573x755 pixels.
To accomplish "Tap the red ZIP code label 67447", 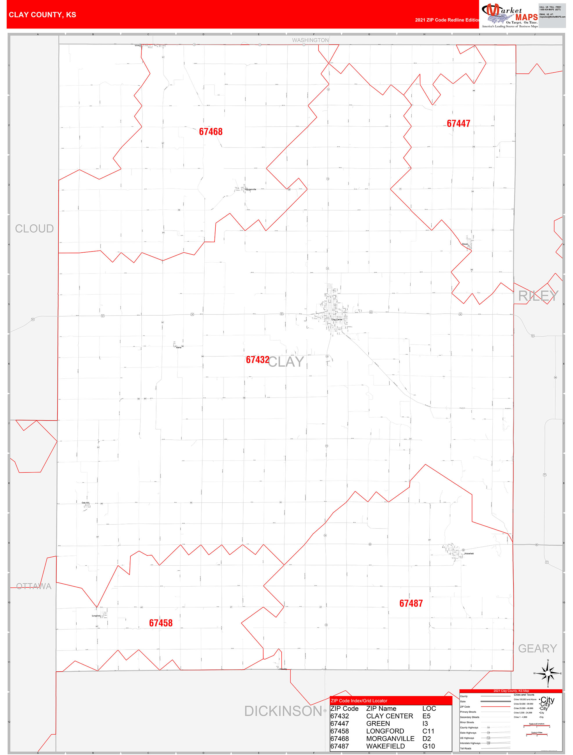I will pyautogui.click(x=458, y=123).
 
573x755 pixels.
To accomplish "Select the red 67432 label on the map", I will pyautogui.click(x=257, y=360).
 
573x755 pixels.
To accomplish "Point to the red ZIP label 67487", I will pyautogui.click(x=411, y=603).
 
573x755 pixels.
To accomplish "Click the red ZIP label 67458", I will pyautogui.click(x=161, y=623).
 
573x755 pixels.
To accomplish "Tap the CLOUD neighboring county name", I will pyautogui.click(x=34, y=229).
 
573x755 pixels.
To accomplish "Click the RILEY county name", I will pyautogui.click(x=538, y=296).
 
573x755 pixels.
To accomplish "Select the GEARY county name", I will pyautogui.click(x=537, y=648).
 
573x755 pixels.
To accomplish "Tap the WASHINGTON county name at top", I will pyautogui.click(x=310, y=40).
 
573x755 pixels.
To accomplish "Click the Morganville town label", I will pyautogui.click(x=251, y=189).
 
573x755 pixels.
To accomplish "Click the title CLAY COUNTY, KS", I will pyautogui.click(x=42, y=15).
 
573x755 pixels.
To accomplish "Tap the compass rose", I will pyautogui.click(x=548, y=673).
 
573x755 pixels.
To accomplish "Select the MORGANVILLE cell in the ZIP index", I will pyautogui.click(x=390, y=738).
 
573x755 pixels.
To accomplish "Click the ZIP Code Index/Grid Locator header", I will pyautogui.click(x=359, y=701).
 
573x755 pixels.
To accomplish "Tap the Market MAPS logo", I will pyautogui.click(x=509, y=15).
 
